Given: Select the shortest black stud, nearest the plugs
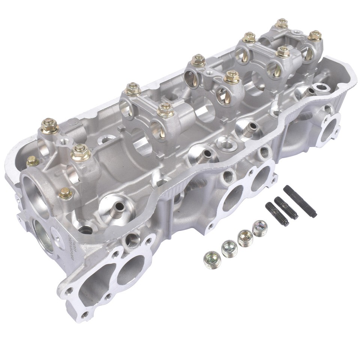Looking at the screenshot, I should [277, 214].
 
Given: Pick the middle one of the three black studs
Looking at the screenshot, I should [286, 208].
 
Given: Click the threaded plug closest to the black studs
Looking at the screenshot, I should [260, 228].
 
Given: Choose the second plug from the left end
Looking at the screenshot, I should [229, 248].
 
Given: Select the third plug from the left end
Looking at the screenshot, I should [245, 238].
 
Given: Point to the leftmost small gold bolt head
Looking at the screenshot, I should [32, 161].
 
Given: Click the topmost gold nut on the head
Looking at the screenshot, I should [281, 23].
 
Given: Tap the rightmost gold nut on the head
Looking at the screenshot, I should [315, 36].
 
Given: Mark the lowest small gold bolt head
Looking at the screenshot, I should [66, 193].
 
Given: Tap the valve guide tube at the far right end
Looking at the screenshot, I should [310, 91].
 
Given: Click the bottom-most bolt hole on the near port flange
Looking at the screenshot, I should [86, 314].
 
